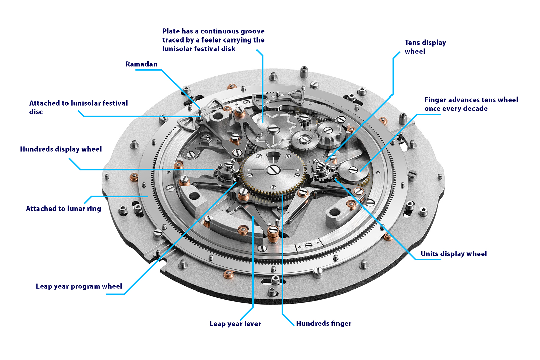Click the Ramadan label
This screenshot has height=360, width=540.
tap(141, 64)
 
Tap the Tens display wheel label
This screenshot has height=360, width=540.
tap(425, 47)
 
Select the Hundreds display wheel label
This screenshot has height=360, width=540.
tap(61, 149)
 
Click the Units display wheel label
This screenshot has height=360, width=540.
tap(453, 254)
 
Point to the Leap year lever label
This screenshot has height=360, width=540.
tap(235, 324)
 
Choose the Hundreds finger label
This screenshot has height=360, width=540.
tap(323, 323)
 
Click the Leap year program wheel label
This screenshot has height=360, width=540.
tap(79, 286)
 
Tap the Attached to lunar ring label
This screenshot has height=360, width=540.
tap(63, 209)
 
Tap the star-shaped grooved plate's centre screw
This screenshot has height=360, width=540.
tap(272, 129)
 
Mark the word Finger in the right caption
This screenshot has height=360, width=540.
tap(435, 100)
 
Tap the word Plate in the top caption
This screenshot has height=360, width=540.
tap(171, 31)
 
